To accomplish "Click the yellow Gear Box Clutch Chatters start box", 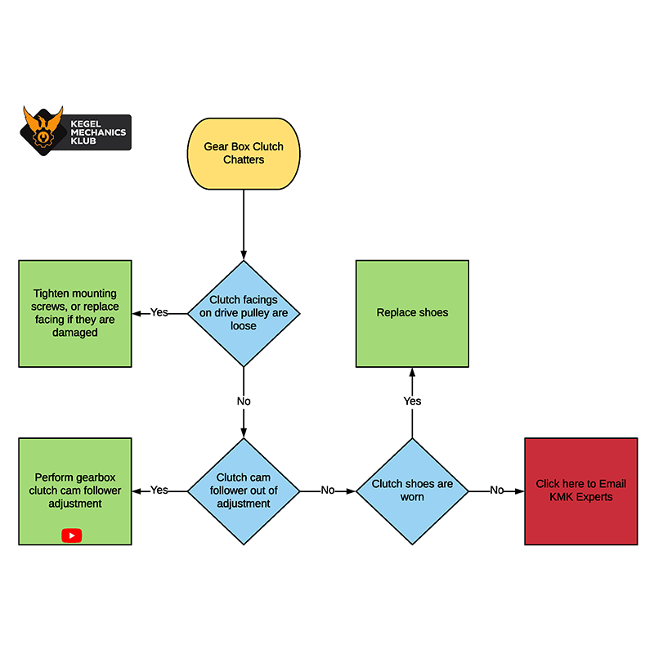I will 244,153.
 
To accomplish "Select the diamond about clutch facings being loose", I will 244,313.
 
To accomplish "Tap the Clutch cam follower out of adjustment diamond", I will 244,490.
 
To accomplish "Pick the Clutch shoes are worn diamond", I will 412,490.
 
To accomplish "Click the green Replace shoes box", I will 412,313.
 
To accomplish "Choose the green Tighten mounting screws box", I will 75,313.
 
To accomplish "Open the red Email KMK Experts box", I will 580,490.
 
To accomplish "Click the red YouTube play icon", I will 72,535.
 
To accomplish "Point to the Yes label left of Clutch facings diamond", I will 159,313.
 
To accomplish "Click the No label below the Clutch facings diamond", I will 244,401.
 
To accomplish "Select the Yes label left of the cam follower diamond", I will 159,490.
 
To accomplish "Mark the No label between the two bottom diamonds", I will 327,490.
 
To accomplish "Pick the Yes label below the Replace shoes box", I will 412,401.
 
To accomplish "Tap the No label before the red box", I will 496,490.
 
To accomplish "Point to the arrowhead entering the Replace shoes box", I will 412,372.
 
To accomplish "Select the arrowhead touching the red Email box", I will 519,490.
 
